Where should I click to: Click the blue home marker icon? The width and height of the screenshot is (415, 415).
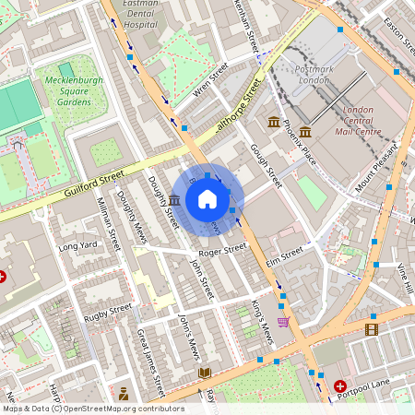click(x=207, y=199)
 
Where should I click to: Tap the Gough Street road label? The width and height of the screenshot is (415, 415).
click(x=265, y=165)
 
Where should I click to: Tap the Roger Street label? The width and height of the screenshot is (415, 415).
click(x=222, y=249)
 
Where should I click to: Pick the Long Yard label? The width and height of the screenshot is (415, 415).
click(x=77, y=246)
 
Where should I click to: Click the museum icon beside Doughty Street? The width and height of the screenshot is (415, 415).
click(x=174, y=199)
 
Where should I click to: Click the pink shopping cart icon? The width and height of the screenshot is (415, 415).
click(x=283, y=322)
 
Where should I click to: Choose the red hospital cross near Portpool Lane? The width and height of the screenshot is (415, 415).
click(x=340, y=385)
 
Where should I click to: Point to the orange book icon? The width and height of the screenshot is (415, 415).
click(x=205, y=373)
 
